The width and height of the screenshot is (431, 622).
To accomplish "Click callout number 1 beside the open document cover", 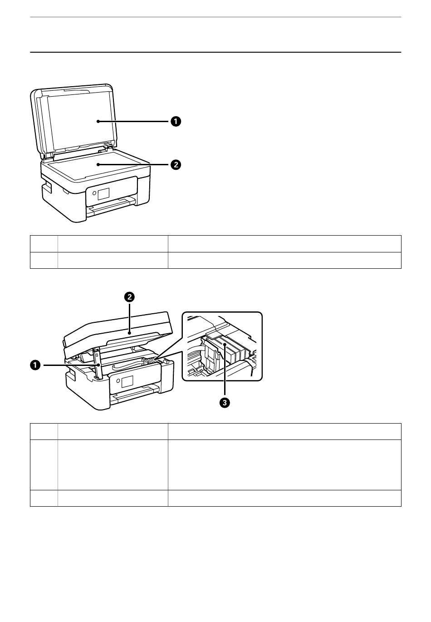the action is (176, 121).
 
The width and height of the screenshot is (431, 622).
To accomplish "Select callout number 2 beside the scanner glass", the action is (176, 165).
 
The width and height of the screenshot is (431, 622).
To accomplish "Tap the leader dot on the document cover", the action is (98, 121).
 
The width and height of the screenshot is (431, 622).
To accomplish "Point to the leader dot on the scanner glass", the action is (98, 165).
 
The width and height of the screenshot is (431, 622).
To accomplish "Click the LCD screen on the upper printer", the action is (103, 193).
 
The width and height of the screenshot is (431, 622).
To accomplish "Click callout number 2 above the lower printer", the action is (130, 297).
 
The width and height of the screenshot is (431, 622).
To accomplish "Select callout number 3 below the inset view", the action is (225, 403).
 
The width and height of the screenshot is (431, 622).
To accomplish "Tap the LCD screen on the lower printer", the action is (127, 381).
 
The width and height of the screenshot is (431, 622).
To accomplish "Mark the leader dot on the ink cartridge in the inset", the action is (225, 344).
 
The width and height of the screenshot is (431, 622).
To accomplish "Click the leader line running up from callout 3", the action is (225, 371).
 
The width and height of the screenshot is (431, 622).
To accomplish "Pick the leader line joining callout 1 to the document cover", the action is (134, 121).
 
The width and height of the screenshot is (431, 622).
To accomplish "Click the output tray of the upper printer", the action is (112, 206).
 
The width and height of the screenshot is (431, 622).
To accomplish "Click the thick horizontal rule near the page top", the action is (215, 52).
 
